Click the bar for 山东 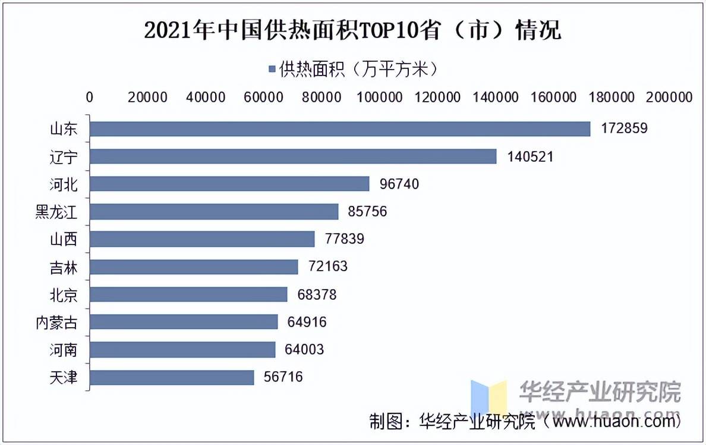tap(340, 129)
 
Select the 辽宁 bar tap(293, 156)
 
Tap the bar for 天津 tap(172, 377)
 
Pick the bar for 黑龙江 tap(214, 212)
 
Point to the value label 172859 tap(623, 129)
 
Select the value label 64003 tap(304, 349)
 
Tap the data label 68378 tap(316, 294)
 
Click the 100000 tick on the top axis tap(379, 97)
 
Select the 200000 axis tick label tap(669, 97)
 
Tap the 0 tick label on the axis tap(90, 97)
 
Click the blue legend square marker tap(272, 70)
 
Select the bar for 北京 tap(188, 294)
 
